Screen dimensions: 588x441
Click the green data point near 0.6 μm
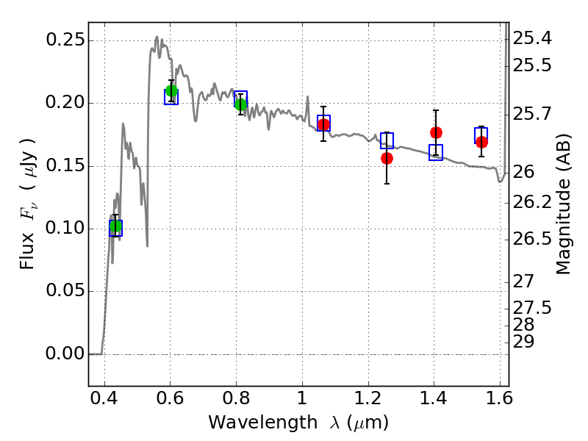[171, 90]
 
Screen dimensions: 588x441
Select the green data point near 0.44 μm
[115, 226]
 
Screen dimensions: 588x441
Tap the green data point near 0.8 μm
[241, 104]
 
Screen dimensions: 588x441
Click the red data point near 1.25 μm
[387, 158]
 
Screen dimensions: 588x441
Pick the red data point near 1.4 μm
[436, 132]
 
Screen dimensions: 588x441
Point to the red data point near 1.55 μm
[482, 142]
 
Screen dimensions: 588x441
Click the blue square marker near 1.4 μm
[436, 152]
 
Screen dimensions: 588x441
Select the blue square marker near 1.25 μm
[387, 140]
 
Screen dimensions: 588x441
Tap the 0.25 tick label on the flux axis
[65, 40]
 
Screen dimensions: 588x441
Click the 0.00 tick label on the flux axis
[65, 354]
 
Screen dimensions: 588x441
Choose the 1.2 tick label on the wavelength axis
[368, 398]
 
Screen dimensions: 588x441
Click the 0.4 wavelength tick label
[104, 398]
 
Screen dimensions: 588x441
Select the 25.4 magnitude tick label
[532, 38]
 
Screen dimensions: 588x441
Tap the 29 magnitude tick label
[523, 341]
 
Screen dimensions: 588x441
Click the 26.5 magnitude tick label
[532, 238]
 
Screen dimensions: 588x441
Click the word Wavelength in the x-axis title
[263, 423]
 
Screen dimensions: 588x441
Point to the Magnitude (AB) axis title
[562, 204]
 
